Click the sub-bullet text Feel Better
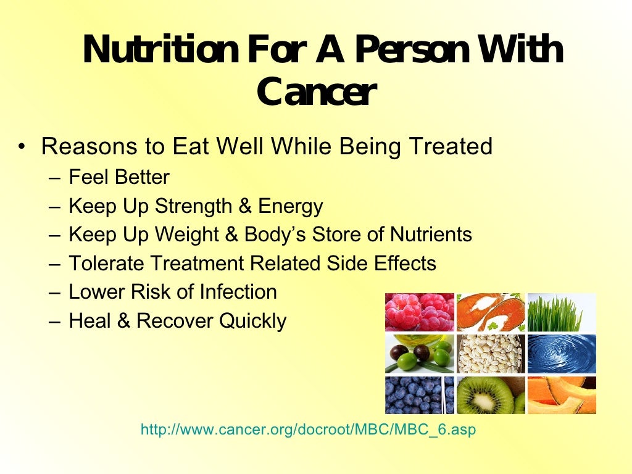(119, 178)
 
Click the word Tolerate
(106, 264)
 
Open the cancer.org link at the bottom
(309, 430)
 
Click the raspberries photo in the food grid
(420, 312)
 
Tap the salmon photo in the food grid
(491, 312)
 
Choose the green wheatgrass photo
(562, 312)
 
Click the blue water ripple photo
(562, 354)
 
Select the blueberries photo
(420, 395)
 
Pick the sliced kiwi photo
(491, 395)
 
